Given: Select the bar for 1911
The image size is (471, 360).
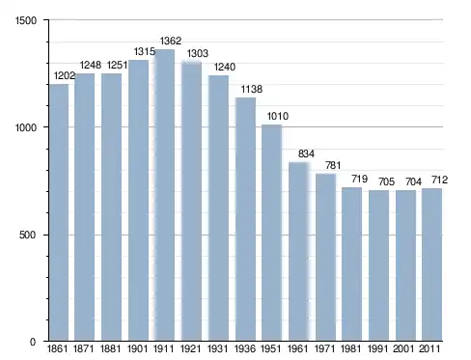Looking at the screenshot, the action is [165, 195].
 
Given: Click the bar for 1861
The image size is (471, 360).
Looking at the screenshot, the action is [59, 212].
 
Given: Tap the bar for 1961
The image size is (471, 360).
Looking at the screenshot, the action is [299, 251].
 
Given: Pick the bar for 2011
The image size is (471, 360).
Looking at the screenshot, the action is [431, 264].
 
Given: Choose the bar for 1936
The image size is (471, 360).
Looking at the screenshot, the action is [245, 219].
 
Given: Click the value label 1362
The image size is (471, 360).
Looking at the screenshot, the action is [171, 41].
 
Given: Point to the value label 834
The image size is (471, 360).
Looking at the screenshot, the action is [306, 153].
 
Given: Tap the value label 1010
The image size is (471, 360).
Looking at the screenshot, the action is [278, 116].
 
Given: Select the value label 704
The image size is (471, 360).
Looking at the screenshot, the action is [413, 182].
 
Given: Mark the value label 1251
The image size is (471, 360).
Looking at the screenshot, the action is [117, 66].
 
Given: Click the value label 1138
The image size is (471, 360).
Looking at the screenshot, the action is [252, 89].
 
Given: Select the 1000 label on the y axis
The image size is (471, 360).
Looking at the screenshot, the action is [26, 127].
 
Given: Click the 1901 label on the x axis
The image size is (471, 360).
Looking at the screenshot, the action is [137, 348].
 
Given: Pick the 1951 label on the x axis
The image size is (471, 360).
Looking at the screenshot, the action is [271, 348].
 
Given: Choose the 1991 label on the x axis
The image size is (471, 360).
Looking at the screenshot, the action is [377, 348].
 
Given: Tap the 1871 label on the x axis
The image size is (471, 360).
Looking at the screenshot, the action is [84, 348].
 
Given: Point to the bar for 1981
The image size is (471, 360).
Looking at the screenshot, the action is [351, 264].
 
